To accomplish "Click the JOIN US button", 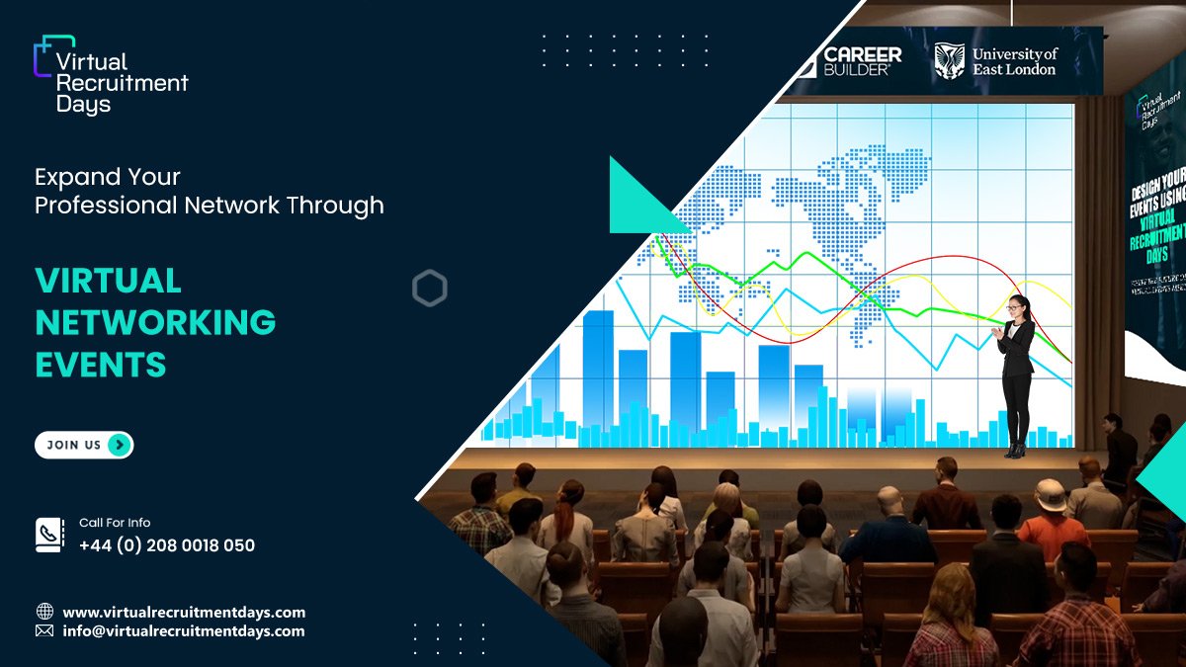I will (83, 446).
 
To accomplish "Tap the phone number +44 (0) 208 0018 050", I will (167, 545).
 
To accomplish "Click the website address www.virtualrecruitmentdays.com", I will (184, 613).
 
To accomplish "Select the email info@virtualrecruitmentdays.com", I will (184, 631).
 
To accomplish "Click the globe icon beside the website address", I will (44, 612).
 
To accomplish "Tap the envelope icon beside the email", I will (44, 630).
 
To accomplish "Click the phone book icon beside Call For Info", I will (48, 535).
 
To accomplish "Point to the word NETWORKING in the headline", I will (155, 322).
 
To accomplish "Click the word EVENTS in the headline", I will (101, 365).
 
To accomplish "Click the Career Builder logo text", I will (862, 61).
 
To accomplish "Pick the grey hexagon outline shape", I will (430, 289).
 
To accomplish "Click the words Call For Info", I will (115, 523).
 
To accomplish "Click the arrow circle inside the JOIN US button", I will (119, 446).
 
